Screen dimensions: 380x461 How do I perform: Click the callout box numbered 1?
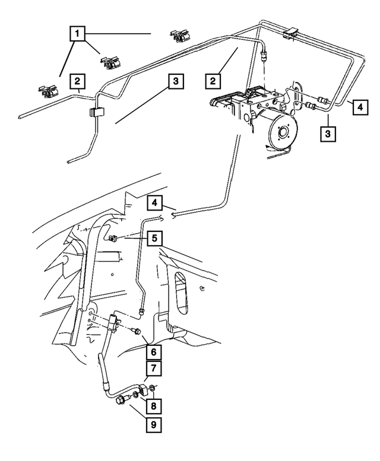tap(77, 33)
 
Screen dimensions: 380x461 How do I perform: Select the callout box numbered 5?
tap(155, 238)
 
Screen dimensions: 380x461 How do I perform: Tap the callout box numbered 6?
tap(154, 352)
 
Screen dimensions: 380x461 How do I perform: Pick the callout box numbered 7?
tap(154, 368)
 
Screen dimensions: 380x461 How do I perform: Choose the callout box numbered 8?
tap(154, 406)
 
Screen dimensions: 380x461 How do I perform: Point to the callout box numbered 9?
tap(154, 424)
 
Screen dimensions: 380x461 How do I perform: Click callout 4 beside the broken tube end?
tap(155, 202)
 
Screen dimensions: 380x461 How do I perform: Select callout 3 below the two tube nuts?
tap(328, 133)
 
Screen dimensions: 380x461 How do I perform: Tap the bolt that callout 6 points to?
tap(136, 331)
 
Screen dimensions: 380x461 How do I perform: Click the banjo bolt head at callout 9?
tap(121, 400)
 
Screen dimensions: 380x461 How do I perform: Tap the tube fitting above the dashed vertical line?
tap(265, 55)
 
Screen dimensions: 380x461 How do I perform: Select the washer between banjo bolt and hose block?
tap(134, 395)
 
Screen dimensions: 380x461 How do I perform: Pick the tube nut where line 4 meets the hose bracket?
tap(142, 309)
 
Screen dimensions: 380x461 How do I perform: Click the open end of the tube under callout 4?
tap(173, 215)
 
